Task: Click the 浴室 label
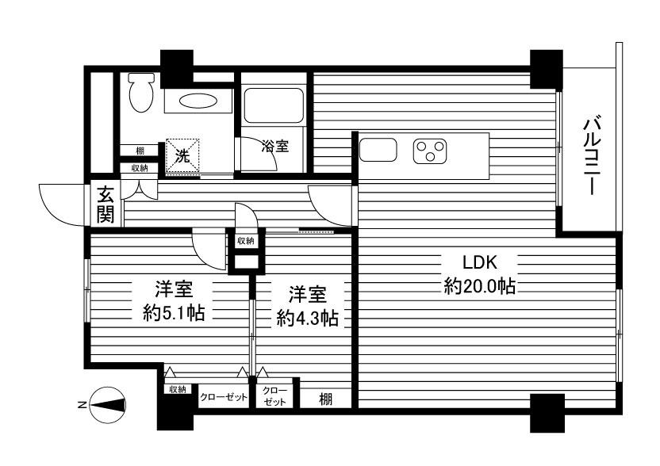click(x=275, y=146)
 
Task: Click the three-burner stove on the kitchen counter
click(x=431, y=151)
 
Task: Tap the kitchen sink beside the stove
click(x=378, y=149)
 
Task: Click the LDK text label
click(x=479, y=262)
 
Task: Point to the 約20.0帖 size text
click(x=479, y=287)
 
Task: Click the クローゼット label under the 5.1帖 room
click(x=224, y=396)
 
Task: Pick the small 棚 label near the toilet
click(x=140, y=151)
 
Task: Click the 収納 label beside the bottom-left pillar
click(x=176, y=389)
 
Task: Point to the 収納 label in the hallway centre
click(x=244, y=240)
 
